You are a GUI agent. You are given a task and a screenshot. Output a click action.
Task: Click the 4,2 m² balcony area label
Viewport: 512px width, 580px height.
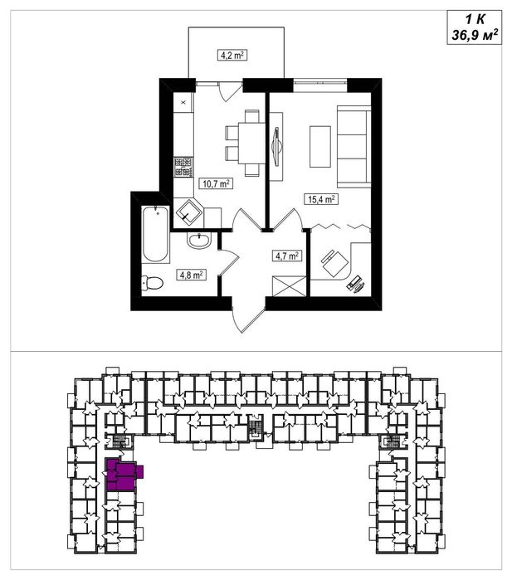coord(232,56)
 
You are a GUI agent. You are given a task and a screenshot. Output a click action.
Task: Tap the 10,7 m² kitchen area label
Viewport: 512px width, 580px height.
coord(216,183)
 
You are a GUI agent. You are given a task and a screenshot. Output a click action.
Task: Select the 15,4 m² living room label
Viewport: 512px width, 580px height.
coord(321,199)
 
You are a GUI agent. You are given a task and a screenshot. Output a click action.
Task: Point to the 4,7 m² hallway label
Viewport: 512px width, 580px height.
coord(287,256)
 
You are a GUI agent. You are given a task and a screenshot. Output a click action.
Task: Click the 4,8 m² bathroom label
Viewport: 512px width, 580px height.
coord(191,275)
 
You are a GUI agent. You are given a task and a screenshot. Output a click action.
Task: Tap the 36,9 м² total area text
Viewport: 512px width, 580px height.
coord(475,36)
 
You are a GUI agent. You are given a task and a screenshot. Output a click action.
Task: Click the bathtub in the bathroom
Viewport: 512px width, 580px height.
coord(155,235)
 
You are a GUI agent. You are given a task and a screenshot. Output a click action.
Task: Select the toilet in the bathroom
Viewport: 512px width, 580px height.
coord(152,283)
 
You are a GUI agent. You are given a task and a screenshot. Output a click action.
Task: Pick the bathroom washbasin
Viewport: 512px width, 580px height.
coord(199,240)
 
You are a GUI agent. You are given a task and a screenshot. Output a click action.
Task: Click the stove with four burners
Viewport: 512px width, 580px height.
coord(184,167)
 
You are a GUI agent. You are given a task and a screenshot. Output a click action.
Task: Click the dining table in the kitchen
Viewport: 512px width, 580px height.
coord(251,143)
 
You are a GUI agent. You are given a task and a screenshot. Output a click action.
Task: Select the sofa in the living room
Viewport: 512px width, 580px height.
coord(354,146)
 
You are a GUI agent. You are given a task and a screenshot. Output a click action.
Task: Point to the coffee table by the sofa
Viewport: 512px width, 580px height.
coord(320,147)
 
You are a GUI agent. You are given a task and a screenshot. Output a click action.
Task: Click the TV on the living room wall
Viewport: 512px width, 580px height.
coord(276,147)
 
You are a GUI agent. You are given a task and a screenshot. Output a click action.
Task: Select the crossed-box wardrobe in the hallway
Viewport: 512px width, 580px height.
coord(289,286)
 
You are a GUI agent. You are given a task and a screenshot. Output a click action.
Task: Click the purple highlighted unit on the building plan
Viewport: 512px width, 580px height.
coord(122,475)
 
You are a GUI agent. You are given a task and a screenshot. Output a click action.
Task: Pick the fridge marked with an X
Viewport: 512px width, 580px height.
coord(184,103)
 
